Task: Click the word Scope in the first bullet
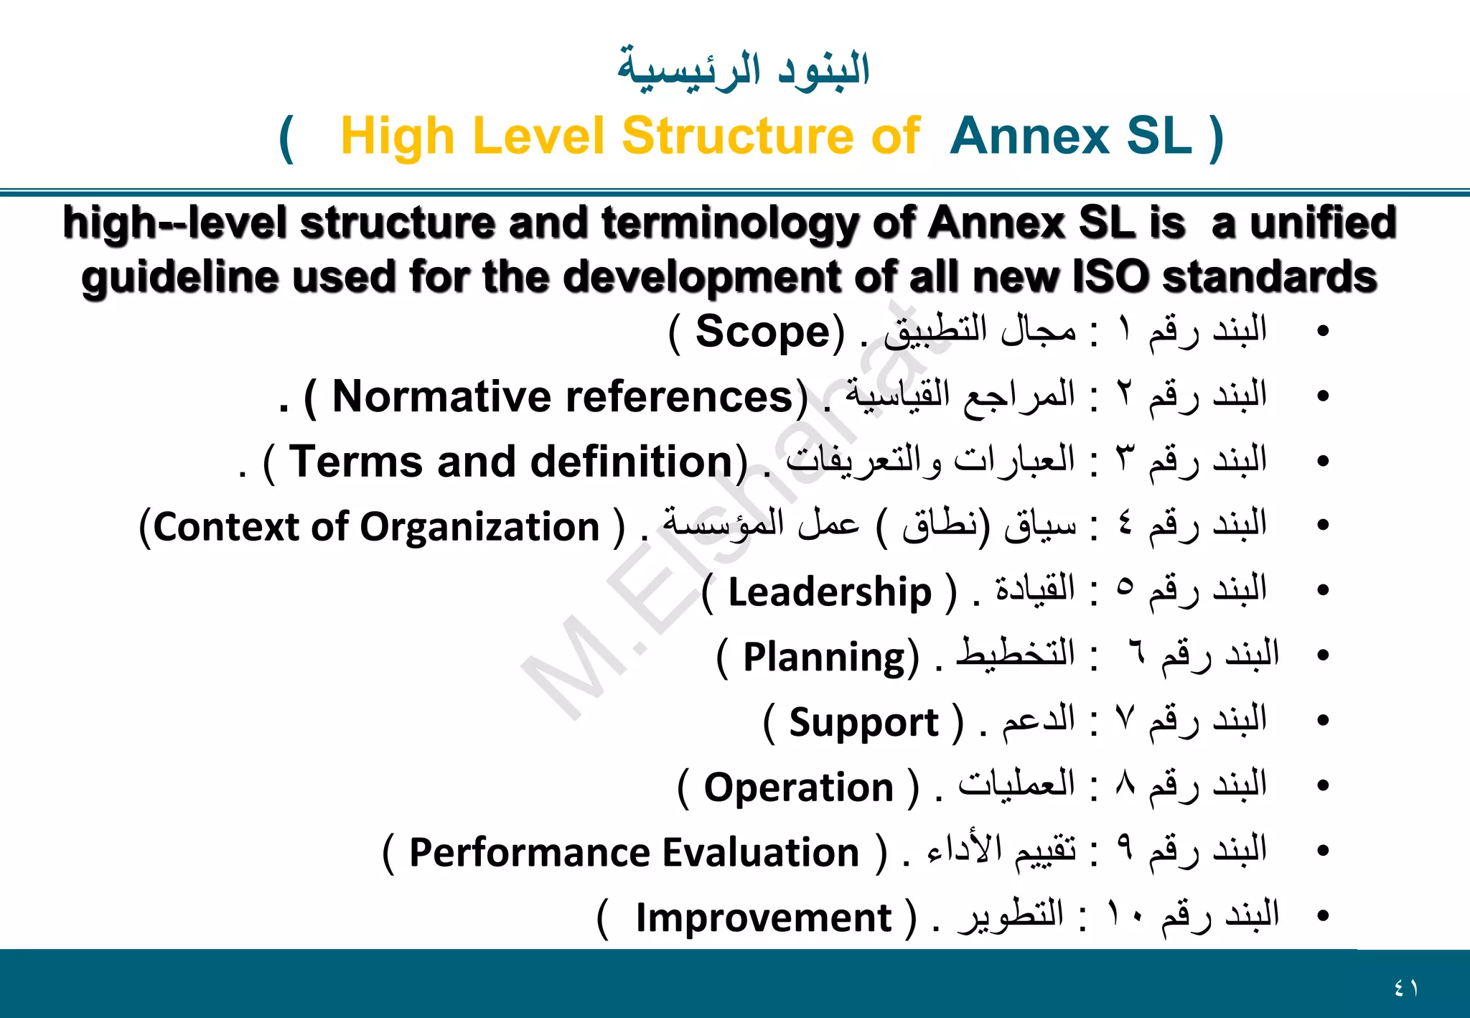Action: tap(764, 332)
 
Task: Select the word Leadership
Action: tap(830, 592)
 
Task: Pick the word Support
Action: tap(863, 722)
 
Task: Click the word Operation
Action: tap(798, 788)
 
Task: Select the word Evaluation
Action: tap(761, 853)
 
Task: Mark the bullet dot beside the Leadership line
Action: tap(1323, 591)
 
